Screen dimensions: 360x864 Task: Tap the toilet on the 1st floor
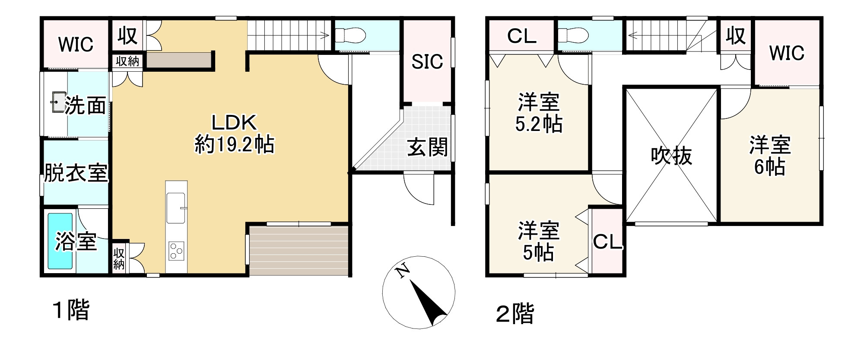(x=349, y=34)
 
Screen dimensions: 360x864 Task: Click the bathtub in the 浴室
(x=60, y=241)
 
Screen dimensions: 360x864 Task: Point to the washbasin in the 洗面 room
(x=57, y=102)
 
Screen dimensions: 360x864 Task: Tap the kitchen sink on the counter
(x=176, y=208)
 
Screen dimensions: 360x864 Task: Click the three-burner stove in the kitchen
(x=176, y=250)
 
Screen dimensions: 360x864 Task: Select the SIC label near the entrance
(x=427, y=62)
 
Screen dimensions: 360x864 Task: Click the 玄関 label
(x=427, y=148)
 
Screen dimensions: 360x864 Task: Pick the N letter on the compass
(x=403, y=271)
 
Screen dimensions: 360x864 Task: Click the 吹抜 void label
(x=671, y=156)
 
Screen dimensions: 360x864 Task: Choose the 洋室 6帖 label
(x=770, y=156)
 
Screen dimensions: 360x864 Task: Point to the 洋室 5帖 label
(x=539, y=241)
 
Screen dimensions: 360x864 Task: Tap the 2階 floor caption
(x=515, y=314)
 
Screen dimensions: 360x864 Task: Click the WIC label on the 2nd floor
(x=786, y=53)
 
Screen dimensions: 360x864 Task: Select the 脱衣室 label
(x=76, y=174)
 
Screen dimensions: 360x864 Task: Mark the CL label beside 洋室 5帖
(x=607, y=242)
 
